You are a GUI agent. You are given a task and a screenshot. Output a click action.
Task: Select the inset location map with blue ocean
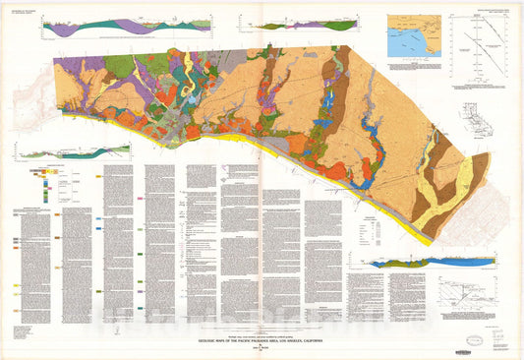413,35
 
